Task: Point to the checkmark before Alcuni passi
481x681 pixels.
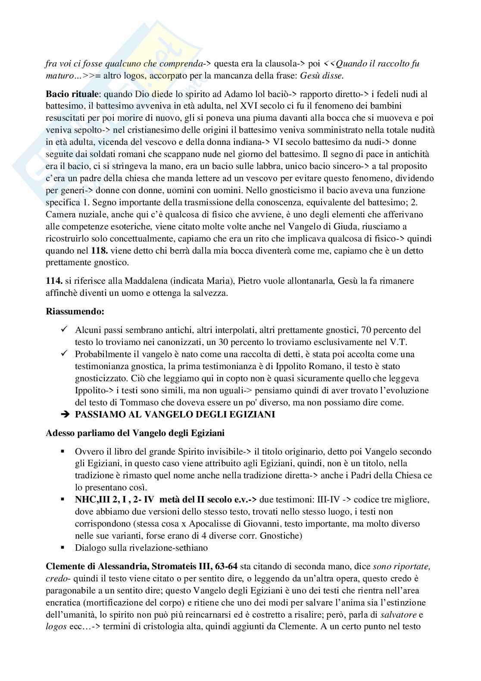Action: pos(64,330)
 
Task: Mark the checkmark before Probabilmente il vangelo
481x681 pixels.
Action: pos(64,354)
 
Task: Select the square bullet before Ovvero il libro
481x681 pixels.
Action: pos(63,452)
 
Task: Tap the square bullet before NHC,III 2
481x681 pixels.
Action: pos(63,499)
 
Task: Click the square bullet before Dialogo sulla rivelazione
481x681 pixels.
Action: pos(63,548)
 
